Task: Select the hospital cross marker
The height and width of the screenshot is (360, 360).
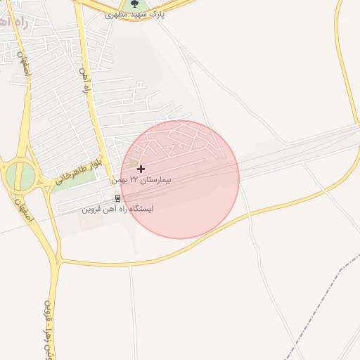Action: (141, 169)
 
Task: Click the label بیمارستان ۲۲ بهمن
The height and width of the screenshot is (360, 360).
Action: (141, 181)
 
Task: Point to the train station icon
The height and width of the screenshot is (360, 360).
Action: (117, 198)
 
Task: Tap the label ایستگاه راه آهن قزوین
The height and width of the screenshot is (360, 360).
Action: (117, 209)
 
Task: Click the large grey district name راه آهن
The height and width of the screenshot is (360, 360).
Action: (13, 20)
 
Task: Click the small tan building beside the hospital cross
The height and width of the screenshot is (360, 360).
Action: (134, 163)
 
